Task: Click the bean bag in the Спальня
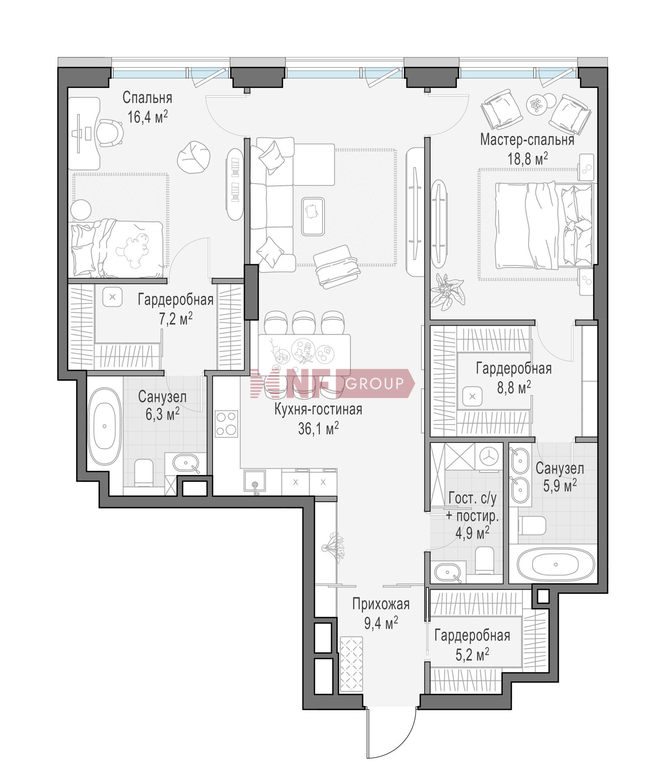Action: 194,157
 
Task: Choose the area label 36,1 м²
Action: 318,429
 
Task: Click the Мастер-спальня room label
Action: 527,140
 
